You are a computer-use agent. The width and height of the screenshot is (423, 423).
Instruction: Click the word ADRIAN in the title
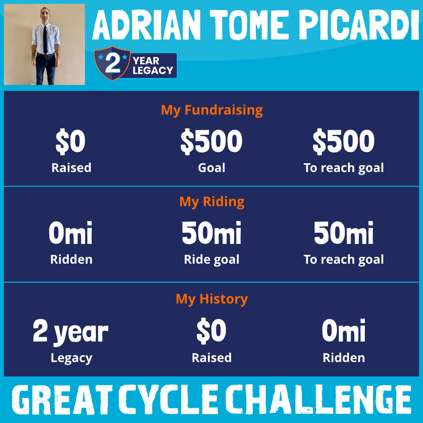[146, 25]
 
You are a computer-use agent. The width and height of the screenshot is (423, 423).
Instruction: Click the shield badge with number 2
[112, 63]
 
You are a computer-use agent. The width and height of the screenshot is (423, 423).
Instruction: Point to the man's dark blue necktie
[45, 39]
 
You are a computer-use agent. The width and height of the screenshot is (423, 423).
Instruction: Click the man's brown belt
[45, 55]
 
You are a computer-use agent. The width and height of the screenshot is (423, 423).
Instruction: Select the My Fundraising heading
[212, 110]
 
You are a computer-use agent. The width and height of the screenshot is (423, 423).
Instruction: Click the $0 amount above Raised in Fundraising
[70, 142]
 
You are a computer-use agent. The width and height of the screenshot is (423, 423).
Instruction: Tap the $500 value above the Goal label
[211, 142]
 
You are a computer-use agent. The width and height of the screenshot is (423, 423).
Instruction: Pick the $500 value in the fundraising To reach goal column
[344, 142]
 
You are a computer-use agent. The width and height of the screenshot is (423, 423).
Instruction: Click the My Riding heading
[212, 202]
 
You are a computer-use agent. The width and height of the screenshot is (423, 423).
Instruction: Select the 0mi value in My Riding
[70, 233]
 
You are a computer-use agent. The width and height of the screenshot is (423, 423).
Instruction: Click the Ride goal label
[211, 260]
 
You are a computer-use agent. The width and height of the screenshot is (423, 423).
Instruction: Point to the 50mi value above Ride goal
[211, 233]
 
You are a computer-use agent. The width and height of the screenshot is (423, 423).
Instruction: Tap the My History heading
[212, 299]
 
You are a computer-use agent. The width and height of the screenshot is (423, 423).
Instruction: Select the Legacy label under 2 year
[71, 358]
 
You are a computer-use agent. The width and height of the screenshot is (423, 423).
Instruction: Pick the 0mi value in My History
[344, 330]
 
